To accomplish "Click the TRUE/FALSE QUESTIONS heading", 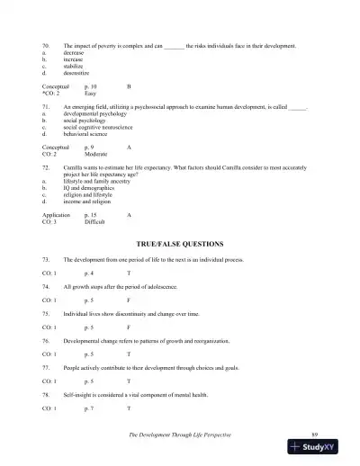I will click(x=179, y=244).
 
